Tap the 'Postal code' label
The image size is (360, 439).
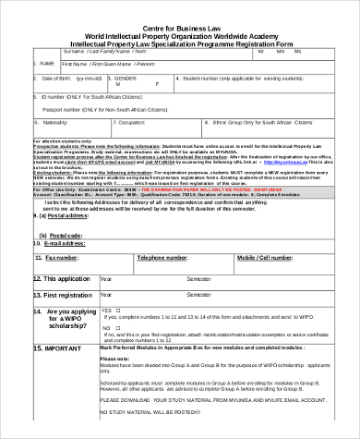click(x=63, y=236)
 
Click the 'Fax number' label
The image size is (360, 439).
click(x=62, y=258)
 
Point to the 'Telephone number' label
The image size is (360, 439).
click(x=162, y=258)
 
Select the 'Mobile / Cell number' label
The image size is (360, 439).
click(x=265, y=258)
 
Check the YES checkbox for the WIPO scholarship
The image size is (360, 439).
click(x=119, y=310)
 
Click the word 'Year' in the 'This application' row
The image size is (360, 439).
click(x=105, y=278)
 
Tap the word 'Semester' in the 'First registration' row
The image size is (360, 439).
click(x=198, y=295)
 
